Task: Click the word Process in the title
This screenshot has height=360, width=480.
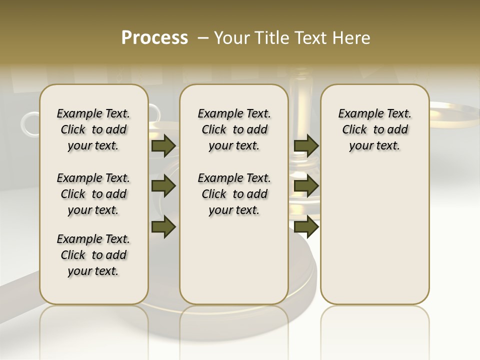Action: pyautogui.click(x=154, y=38)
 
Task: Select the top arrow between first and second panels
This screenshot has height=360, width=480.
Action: pyautogui.click(x=163, y=146)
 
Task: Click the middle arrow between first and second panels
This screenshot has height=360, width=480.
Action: pyautogui.click(x=163, y=186)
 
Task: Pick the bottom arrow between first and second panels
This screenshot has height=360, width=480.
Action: pyautogui.click(x=163, y=226)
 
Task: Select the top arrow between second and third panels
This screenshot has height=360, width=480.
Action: pyautogui.click(x=306, y=146)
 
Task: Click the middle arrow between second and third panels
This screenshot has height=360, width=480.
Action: pyautogui.click(x=306, y=186)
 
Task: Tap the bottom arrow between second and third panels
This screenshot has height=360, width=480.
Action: pyautogui.click(x=306, y=226)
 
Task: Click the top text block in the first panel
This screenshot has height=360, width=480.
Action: pyautogui.click(x=93, y=129)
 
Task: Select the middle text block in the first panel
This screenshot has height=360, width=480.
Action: pyautogui.click(x=93, y=194)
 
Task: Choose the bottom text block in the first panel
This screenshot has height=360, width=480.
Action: pyautogui.click(x=93, y=255)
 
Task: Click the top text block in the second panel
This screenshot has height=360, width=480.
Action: pyautogui.click(x=234, y=129)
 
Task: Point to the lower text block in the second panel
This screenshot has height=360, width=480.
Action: pyautogui.click(x=234, y=194)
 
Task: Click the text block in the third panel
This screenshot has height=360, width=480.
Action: pyautogui.click(x=374, y=129)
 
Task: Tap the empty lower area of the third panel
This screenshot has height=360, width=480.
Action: pyautogui.click(x=374, y=230)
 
